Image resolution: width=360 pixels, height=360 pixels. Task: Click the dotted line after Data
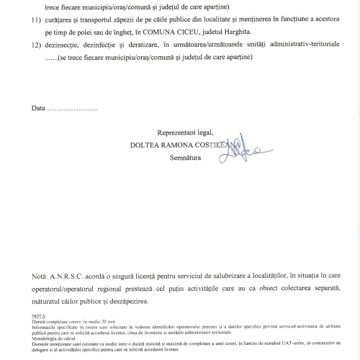(71, 110)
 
